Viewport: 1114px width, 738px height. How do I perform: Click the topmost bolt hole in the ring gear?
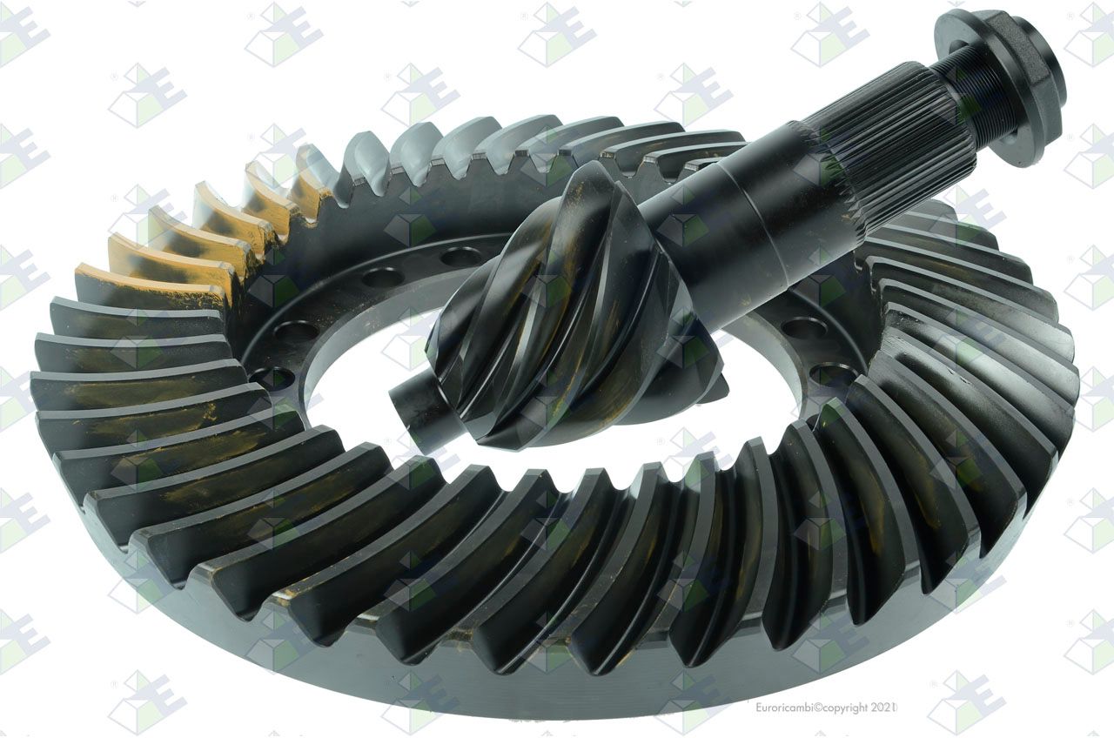[x=461, y=256]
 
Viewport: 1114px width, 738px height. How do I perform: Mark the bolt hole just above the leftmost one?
[x=295, y=331]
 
